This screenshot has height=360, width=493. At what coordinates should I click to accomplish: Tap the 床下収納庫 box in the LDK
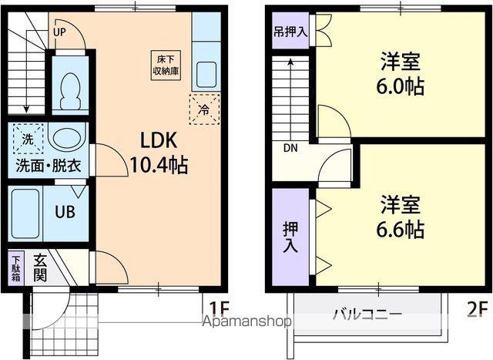tap(166, 66)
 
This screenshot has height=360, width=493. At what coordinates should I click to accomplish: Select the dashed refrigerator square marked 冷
tap(204, 109)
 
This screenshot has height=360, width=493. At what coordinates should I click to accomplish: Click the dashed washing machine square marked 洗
tap(28, 139)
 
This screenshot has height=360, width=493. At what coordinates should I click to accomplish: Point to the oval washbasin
tap(67, 138)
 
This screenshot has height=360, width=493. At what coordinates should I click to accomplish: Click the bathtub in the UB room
tap(25, 214)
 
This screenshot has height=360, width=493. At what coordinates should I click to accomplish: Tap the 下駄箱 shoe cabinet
tap(16, 267)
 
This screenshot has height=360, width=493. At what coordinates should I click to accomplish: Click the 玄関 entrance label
tap(40, 267)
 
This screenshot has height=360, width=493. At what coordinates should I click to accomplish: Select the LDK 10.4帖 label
tap(159, 153)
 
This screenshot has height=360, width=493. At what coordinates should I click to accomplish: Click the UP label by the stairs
tap(59, 32)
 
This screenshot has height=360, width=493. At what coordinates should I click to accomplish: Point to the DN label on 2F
tap(290, 148)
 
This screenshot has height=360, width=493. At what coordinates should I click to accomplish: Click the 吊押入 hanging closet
tap(290, 31)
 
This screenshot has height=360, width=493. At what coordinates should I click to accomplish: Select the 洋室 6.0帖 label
tap(400, 74)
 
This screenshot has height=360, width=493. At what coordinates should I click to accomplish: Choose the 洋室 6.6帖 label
tap(400, 217)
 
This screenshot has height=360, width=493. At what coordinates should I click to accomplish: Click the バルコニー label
tap(367, 314)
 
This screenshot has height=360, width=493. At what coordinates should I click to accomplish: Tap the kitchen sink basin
tap(206, 75)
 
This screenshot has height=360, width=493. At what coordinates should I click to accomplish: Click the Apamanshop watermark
tap(246, 321)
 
